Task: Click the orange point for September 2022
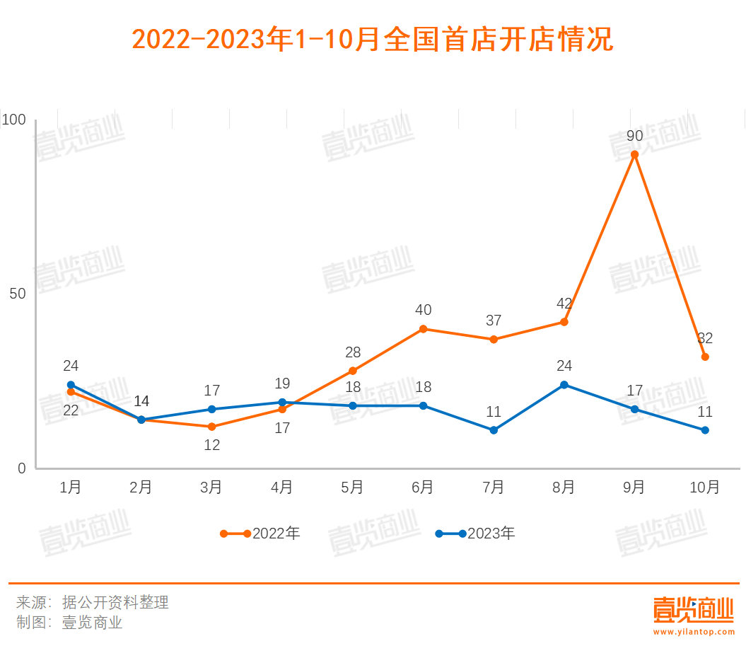pyautogui.click(x=634, y=154)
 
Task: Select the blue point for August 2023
pyautogui.click(x=564, y=385)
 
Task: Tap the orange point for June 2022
pyautogui.click(x=423, y=329)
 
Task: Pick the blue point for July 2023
pyautogui.click(x=494, y=430)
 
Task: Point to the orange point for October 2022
pyautogui.click(x=705, y=357)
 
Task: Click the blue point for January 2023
pyautogui.click(x=71, y=385)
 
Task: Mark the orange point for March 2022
pyautogui.click(x=211, y=427)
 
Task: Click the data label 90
pyautogui.click(x=634, y=136)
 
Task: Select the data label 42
pyautogui.click(x=564, y=304)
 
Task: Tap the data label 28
pyautogui.click(x=352, y=352)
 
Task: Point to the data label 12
pyautogui.click(x=211, y=445)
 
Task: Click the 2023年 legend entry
pyautogui.click(x=475, y=533)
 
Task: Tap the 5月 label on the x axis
pyautogui.click(x=352, y=488)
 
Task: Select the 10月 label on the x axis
pyautogui.click(x=704, y=488)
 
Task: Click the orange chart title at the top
pyautogui.click(x=373, y=40)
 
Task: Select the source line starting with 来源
pyautogui.click(x=93, y=603)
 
